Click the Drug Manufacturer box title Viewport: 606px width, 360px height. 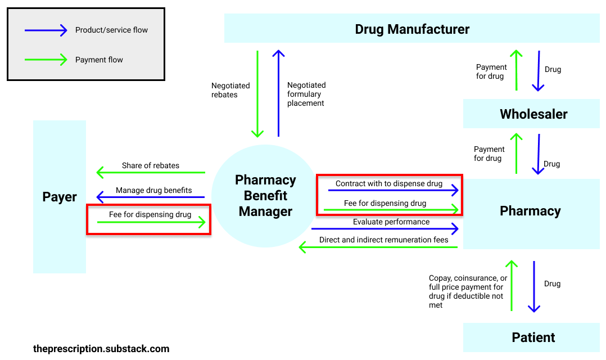click(412, 29)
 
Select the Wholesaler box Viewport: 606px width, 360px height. click(533, 114)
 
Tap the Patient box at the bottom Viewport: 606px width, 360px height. click(533, 337)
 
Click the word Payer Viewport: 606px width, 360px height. click(60, 197)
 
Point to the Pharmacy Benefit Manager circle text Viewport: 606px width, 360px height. click(265, 196)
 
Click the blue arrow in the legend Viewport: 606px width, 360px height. click(46, 31)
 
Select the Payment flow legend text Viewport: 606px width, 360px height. click(99, 60)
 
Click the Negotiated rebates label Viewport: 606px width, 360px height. click(230, 90)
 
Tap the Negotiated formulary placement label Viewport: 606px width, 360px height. click(306, 94)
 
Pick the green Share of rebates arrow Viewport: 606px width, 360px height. click(151, 173)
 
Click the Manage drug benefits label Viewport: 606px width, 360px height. click(153, 190)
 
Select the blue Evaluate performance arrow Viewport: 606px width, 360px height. click(385, 229)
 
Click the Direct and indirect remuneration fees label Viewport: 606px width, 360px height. click(383, 240)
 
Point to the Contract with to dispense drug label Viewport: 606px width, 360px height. click(388, 183)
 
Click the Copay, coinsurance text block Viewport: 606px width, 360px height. click(468, 291)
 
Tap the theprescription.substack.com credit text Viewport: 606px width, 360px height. click(101, 349)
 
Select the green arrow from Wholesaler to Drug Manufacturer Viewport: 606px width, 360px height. click(516, 70)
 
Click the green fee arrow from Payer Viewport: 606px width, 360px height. click(151, 223)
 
